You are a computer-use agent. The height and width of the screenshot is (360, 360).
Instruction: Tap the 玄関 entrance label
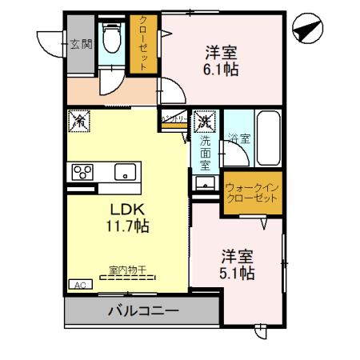[x=80, y=45]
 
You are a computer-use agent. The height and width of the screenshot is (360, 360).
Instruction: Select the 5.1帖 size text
[x=238, y=274]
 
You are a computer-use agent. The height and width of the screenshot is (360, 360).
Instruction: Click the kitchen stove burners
[x=82, y=171]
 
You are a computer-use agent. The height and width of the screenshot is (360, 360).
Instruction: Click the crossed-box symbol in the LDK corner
[x=81, y=122]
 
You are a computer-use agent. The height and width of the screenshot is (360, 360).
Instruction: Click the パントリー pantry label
[x=174, y=118]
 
